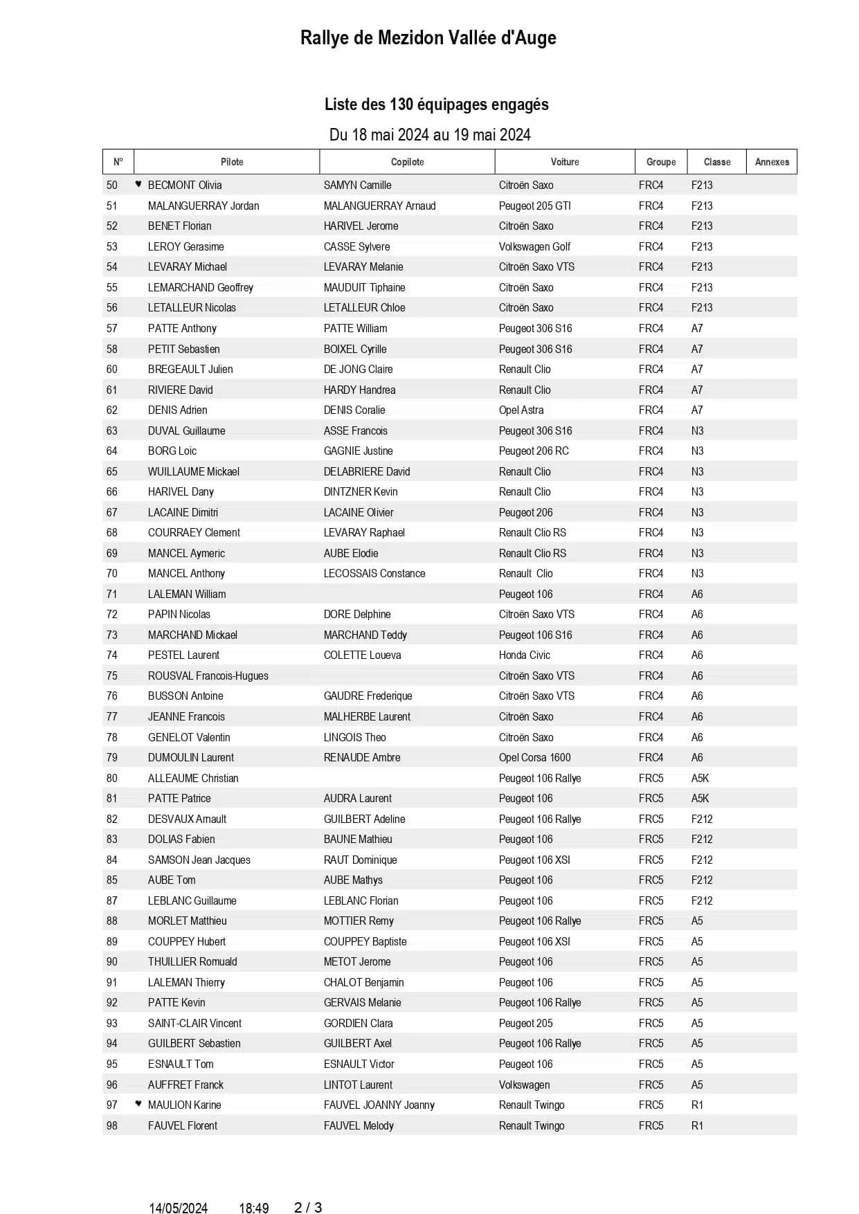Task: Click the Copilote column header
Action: point(407,162)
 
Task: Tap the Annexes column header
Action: point(772,162)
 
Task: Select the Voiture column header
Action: point(565,162)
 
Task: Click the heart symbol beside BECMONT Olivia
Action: point(138,184)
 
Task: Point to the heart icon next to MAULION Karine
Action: point(138,1104)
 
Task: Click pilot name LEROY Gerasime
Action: point(186,246)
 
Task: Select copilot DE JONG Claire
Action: point(358,370)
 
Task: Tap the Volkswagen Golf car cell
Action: point(534,246)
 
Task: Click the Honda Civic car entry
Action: point(524,655)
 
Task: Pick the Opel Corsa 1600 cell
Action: point(534,758)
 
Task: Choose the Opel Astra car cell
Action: point(521,410)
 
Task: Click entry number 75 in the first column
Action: point(112,676)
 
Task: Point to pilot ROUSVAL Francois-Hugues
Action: point(208,676)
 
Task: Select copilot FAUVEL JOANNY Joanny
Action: point(379,1105)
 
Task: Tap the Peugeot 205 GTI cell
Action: point(534,206)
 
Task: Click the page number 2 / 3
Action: point(308,1208)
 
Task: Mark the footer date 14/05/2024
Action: point(178,1208)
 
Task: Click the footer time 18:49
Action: point(253,1208)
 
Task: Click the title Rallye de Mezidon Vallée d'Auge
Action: point(428,38)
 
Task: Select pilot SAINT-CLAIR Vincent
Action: point(195,1024)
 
